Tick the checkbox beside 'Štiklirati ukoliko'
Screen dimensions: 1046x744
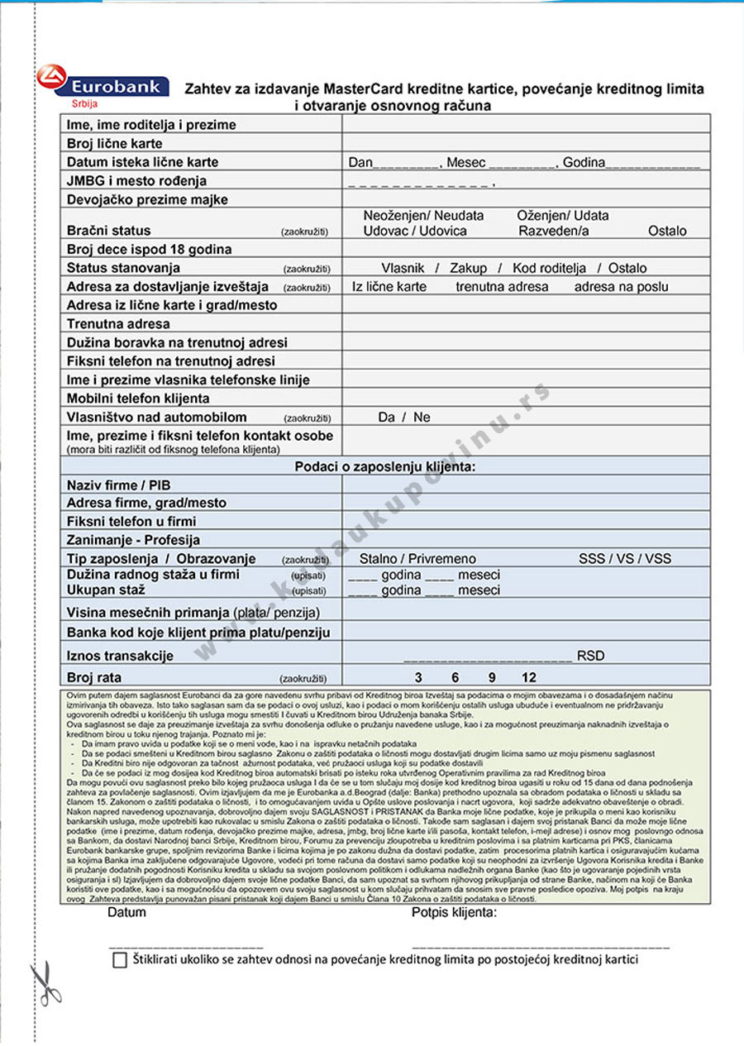tap(120, 960)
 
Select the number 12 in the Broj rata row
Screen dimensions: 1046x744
tap(529, 677)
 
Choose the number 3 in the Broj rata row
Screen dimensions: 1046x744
tap(418, 677)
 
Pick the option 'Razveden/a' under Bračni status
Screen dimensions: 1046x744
tap(553, 231)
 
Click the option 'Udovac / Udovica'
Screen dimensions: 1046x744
tap(415, 231)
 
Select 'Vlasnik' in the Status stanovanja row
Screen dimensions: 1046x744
tap(403, 268)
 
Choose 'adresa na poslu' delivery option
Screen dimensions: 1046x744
tap(621, 287)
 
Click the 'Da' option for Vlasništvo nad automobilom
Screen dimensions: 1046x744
tap(386, 418)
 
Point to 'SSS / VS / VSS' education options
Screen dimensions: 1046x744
tap(624, 558)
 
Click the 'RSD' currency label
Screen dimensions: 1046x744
tap(590, 656)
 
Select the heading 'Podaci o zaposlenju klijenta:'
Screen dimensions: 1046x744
tap(384, 467)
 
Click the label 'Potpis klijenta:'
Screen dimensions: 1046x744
tap(454, 913)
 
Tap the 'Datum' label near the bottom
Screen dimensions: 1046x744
tap(126, 913)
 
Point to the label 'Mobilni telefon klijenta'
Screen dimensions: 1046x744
tap(138, 399)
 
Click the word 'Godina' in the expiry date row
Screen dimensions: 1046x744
tap(584, 163)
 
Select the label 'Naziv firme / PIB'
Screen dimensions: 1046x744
tap(118, 485)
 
